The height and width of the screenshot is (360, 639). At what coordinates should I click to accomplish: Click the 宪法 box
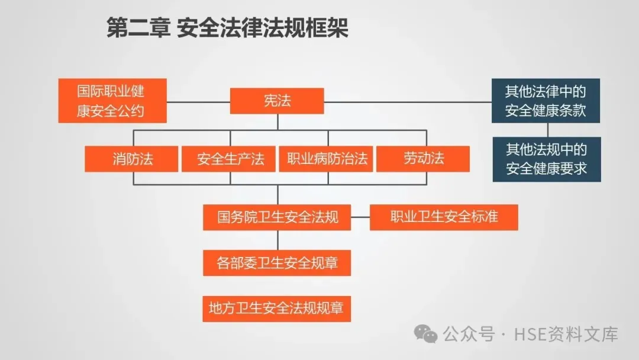tap(277, 101)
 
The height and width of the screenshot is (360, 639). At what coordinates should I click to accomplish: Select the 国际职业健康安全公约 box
tap(112, 101)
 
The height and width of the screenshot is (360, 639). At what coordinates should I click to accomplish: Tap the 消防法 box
tap(131, 159)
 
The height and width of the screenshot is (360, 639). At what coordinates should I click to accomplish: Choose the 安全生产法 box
tap(229, 159)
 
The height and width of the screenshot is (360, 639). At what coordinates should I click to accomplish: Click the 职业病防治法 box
tap(326, 159)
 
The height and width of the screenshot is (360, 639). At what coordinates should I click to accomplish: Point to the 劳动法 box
tap(423, 159)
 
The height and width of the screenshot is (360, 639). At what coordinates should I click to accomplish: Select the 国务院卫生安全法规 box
tap(277, 217)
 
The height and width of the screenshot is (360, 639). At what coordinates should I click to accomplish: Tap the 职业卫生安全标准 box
tap(444, 217)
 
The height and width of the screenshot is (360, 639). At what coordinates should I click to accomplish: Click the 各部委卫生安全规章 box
tap(277, 262)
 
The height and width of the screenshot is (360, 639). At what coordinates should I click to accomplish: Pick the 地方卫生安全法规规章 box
tap(277, 308)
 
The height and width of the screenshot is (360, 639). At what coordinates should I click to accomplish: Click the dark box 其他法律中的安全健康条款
tap(546, 101)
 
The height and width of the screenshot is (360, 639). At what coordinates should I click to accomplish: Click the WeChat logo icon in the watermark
tap(426, 335)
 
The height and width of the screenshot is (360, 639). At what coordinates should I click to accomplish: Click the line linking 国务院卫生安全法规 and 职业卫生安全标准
tap(360, 217)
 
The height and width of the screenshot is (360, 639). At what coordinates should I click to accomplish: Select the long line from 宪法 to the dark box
tap(408, 102)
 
